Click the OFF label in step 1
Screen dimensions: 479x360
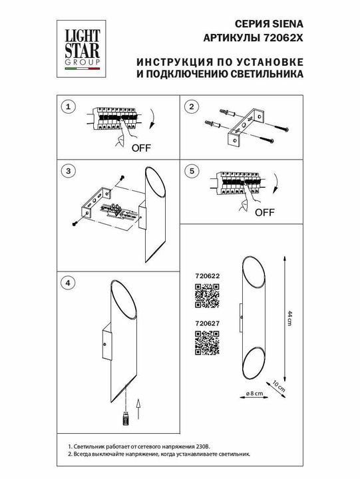(140, 148)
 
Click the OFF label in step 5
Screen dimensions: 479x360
(265, 213)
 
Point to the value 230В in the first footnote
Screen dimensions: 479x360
(202, 450)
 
